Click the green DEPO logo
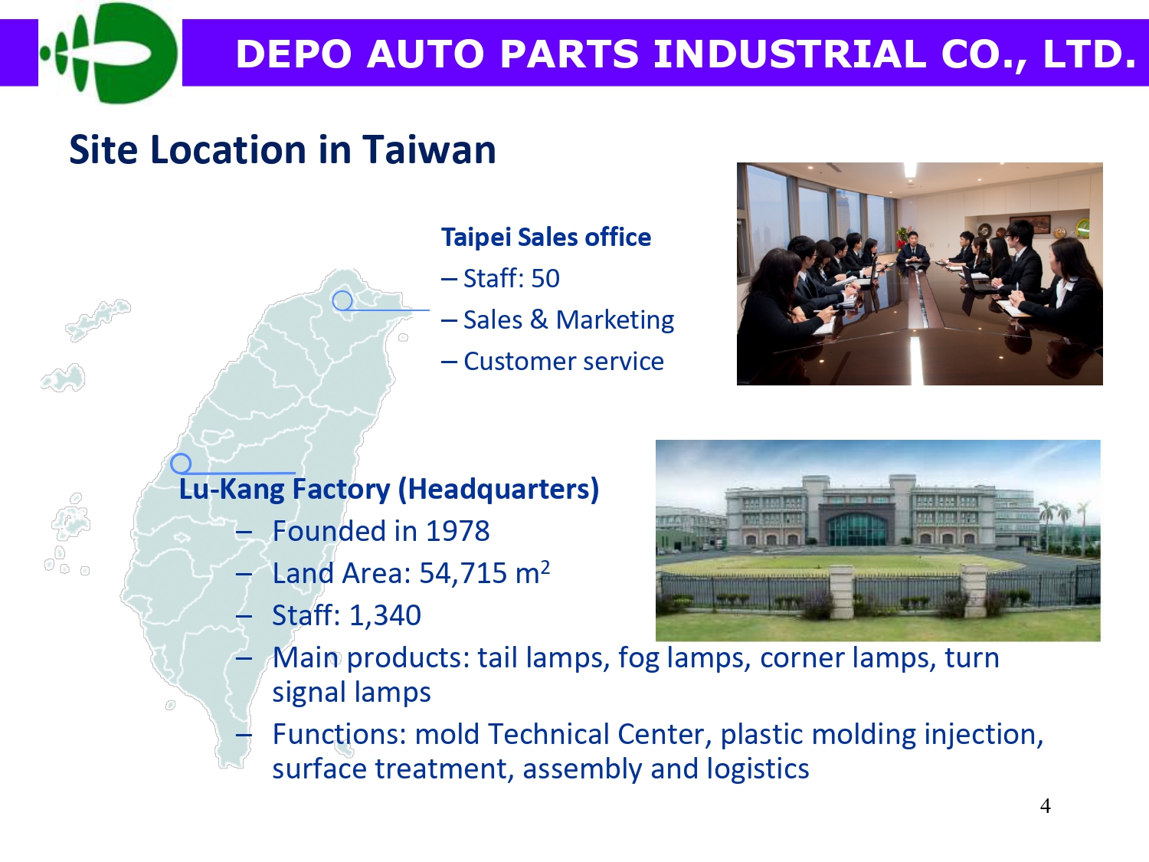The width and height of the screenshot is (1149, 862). point(109,52)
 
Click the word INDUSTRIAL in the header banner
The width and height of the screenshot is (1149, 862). point(790,54)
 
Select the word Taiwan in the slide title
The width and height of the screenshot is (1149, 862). point(429,149)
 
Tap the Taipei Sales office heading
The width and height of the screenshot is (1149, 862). point(546,237)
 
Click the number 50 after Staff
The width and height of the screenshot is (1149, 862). point(545,278)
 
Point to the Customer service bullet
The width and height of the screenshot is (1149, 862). point(564,361)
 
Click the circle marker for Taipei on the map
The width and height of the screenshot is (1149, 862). point(343,301)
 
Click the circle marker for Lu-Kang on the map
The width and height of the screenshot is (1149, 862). point(181,464)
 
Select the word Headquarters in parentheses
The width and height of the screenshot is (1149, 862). point(499,490)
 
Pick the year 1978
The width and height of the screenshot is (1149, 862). point(458,531)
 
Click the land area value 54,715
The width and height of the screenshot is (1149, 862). point(463,574)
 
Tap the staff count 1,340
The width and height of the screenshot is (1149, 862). point(385,615)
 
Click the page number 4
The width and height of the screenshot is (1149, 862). point(1046,806)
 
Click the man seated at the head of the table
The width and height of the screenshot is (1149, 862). point(913,247)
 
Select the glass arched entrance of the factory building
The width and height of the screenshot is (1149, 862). point(857,529)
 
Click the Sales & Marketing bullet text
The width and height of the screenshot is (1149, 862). point(569,320)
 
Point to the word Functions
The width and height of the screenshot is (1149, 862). point(340,734)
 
